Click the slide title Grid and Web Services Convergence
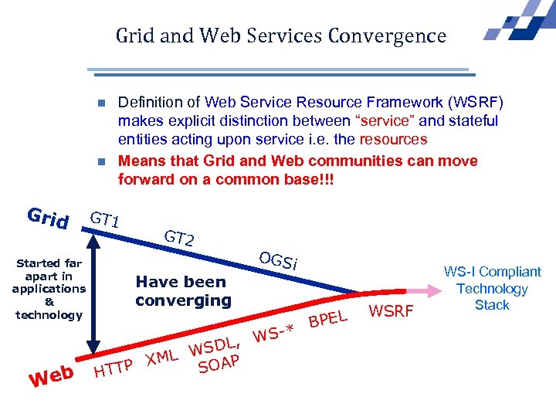pos(281,36)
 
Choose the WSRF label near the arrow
pos(393,311)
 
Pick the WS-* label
pos(275,333)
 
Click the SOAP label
pos(219,363)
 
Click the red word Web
pos(52,375)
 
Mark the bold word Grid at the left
pos(48,219)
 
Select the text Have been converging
pos(183,291)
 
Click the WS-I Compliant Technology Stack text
pos(492,288)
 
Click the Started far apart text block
pos(48,289)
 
